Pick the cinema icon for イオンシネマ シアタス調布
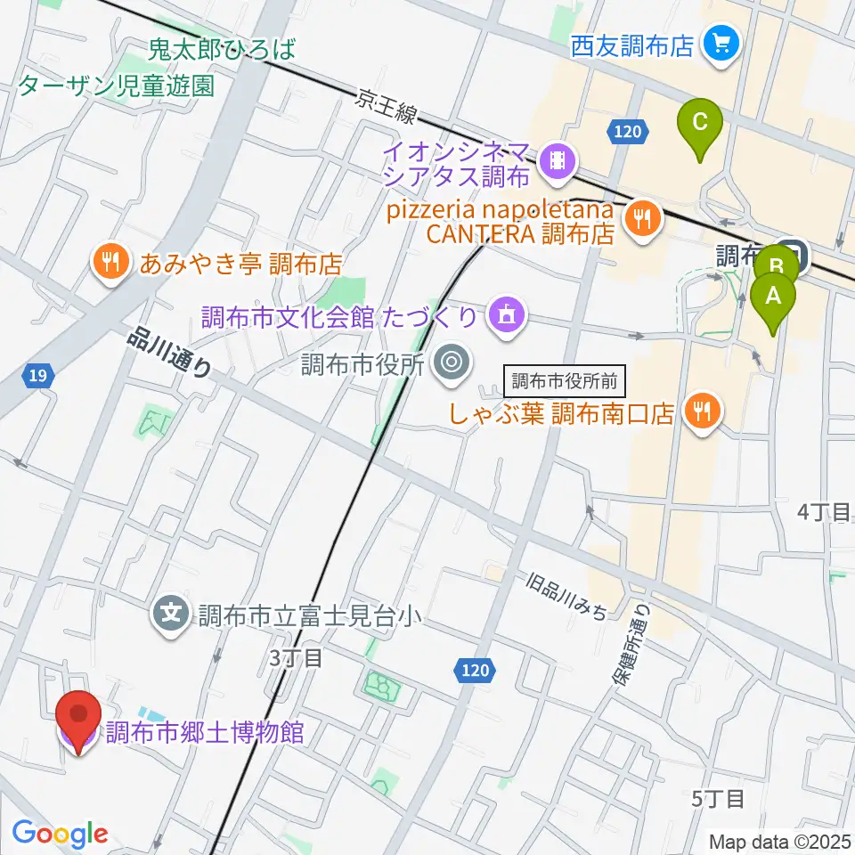click(x=558, y=159)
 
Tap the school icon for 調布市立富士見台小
click(x=171, y=614)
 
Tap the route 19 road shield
click(x=37, y=377)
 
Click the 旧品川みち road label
click(x=566, y=598)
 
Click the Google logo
click(x=60, y=834)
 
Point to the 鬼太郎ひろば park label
click(x=222, y=50)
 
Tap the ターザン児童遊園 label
click(x=116, y=85)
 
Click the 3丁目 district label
click(x=295, y=658)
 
